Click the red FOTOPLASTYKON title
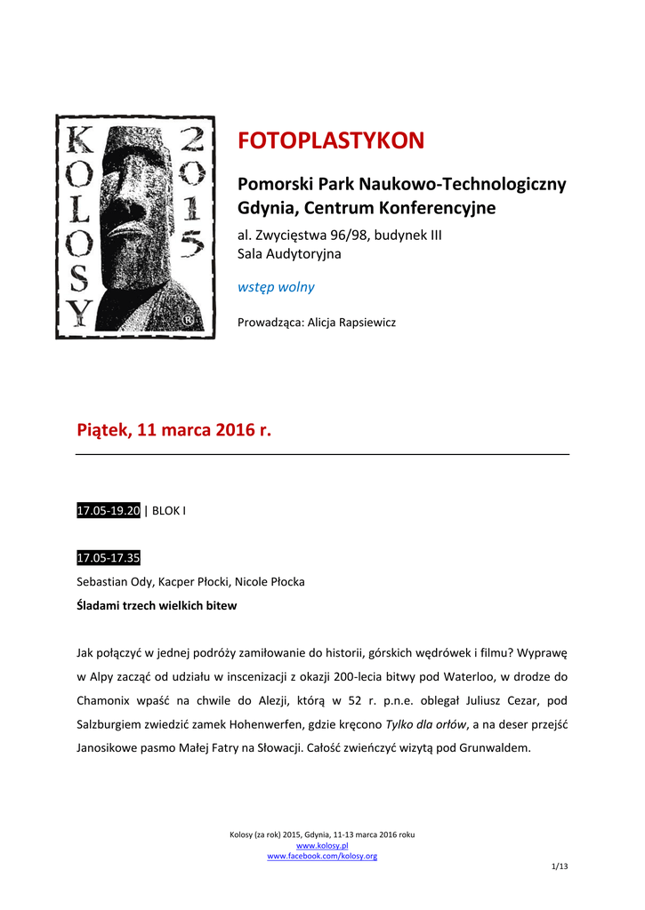tap(331, 141)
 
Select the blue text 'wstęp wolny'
tap(276, 287)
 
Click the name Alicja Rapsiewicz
tap(351, 323)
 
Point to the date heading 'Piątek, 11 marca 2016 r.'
tap(173, 430)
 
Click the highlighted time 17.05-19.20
tap(109, 511)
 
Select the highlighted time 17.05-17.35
tap(109, 558)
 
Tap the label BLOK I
tap(169, 511)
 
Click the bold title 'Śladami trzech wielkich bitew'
tap(157, 606)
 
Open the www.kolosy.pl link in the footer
tap(322, 845)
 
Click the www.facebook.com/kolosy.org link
tap(322, 856)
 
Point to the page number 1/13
tap(560, 866)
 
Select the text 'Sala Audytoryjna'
tap(289, 254)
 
